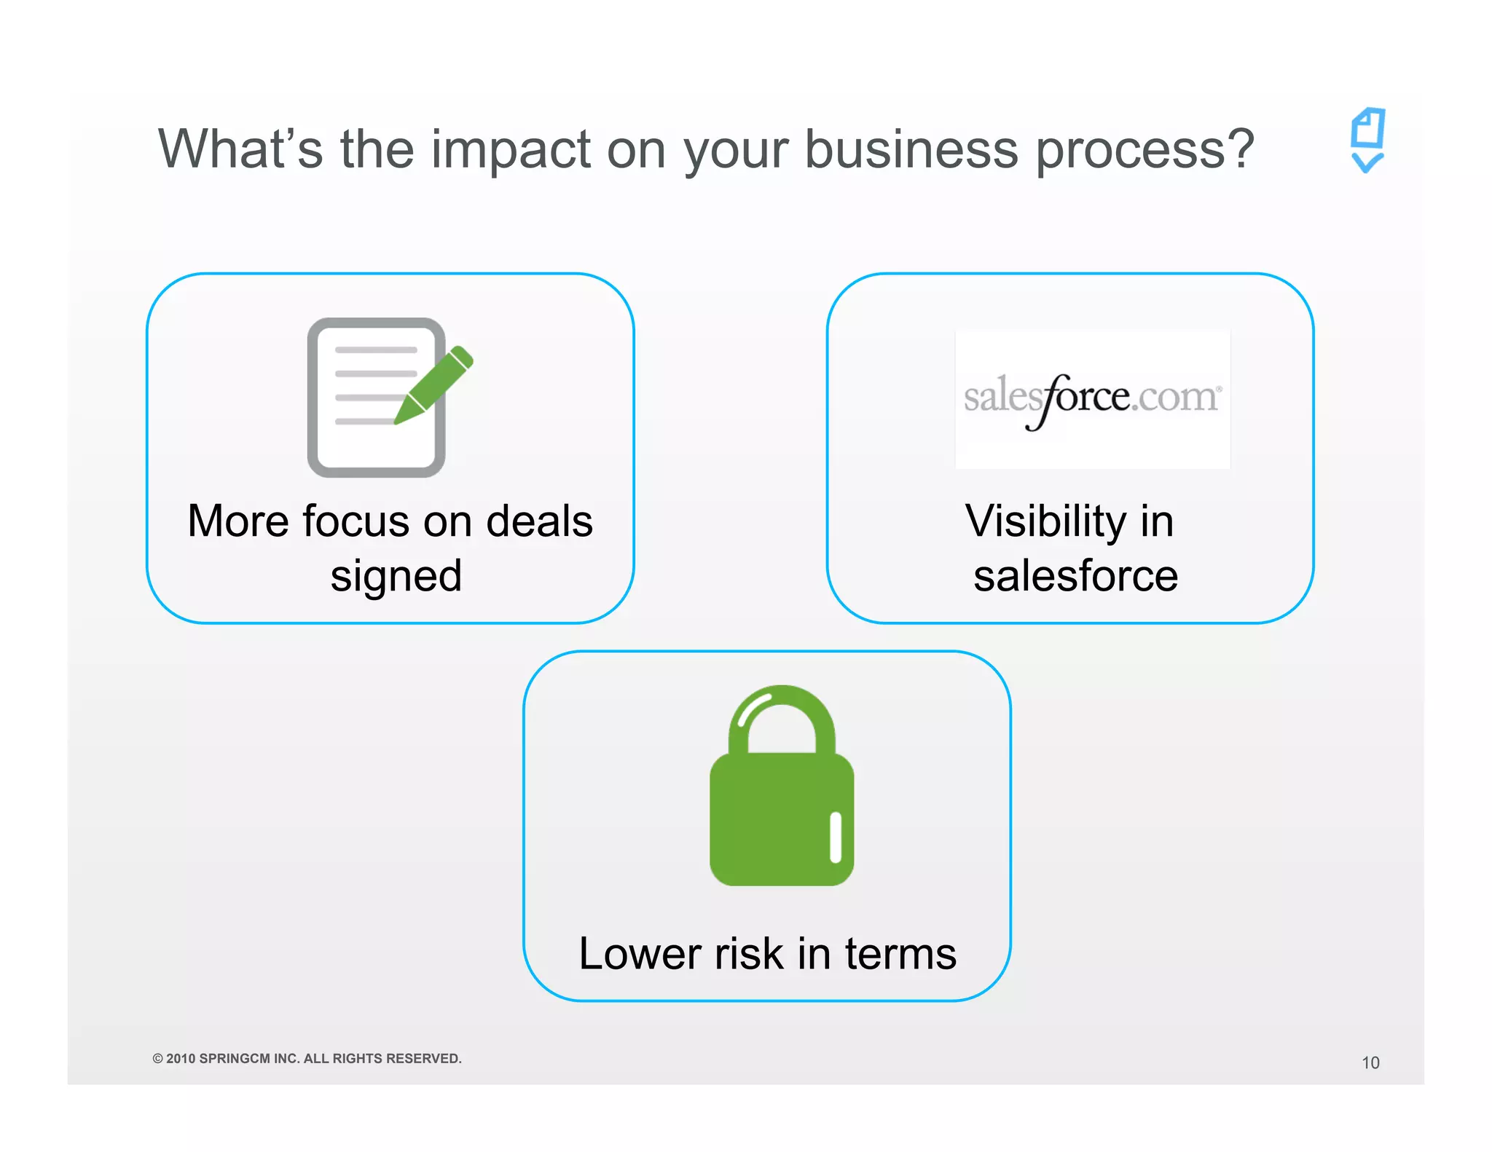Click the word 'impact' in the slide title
[x=510, y=150]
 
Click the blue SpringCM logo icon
[x=1367, y=140]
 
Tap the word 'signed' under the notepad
[x=396, y=576]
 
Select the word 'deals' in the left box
[x=539, y=521]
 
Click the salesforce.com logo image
[x=1092, y=398]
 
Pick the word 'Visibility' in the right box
[x=1045, y=521]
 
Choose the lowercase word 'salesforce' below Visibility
[x=1075, y=576]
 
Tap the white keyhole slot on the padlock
[x=836, y=837]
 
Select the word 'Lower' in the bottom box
[x=640, y=954]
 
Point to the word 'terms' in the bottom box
[x=900, y=954]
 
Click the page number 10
[x=1370, y=1063]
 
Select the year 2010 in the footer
[x=181, y=1059]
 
